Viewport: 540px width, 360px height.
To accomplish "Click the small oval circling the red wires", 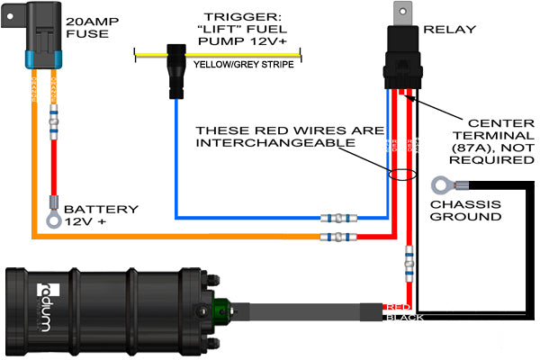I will (x=402, y=172).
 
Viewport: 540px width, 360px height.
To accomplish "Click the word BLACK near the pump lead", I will (x=402, y=317).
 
